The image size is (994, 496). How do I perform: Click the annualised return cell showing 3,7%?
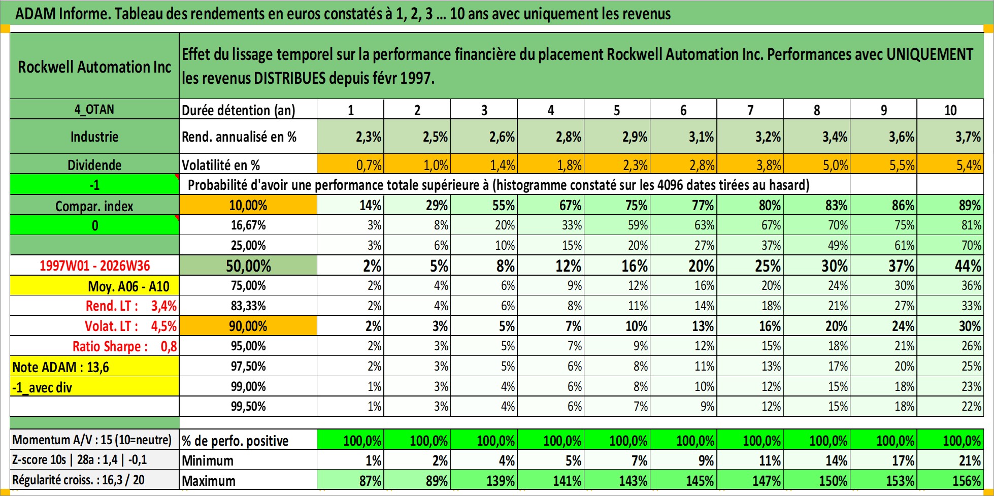950,137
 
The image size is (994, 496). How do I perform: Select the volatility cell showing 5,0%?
817,164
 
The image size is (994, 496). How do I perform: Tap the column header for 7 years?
750,110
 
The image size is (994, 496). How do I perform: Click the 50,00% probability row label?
248,266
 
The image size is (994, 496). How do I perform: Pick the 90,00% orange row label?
248,326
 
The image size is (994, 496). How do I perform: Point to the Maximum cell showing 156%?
950,480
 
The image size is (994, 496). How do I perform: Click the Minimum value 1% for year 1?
350,460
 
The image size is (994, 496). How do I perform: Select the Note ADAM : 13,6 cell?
94,367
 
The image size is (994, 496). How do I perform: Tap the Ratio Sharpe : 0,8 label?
124,346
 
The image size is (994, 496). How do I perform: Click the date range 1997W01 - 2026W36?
95,266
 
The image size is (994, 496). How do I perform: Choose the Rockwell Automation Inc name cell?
94,67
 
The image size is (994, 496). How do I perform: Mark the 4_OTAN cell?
94,109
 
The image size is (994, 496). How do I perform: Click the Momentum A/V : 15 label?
92,440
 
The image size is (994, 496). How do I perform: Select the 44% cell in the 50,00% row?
950,266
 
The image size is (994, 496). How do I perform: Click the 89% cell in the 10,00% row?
950,205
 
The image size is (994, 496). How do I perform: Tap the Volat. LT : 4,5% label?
130,326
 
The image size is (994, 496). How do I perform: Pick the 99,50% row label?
248,406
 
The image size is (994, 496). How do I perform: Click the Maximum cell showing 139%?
484,480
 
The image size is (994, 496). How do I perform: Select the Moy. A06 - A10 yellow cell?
94,286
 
